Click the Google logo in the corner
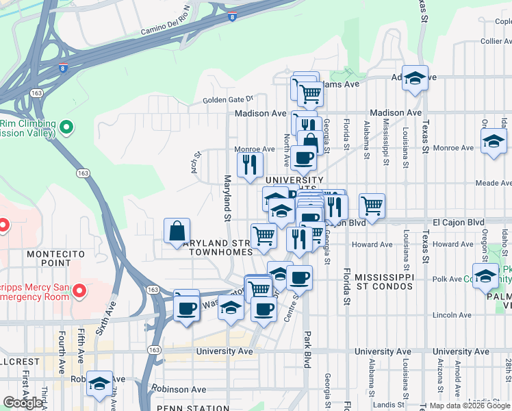tap(23, 403)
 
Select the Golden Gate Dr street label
tap(228, 100)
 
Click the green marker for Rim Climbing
tap(66, 127)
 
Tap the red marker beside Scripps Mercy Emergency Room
tap(79, 292)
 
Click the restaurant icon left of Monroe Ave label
tap(250, 164)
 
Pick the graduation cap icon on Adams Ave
tap(415, 79)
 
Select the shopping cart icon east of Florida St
tap(372, 206)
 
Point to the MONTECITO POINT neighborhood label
tap(55, 259)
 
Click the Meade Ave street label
tap(493, 183)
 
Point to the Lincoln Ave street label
tap(453, 314)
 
